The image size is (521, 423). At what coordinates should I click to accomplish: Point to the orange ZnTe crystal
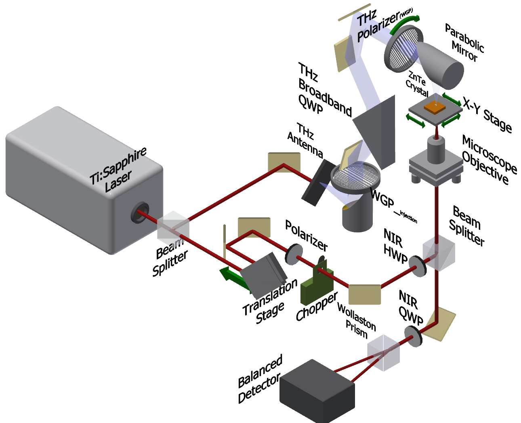[x=435, y=106]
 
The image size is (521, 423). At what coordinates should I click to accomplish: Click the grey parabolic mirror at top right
[x=440, y=65]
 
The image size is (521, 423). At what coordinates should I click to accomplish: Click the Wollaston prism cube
[x=383, y=352]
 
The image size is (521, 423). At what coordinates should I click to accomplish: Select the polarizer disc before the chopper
[x=294, y=254]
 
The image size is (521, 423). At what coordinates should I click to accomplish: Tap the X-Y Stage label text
[x=487, y=115]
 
